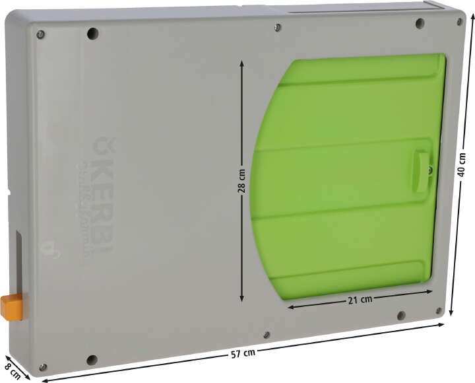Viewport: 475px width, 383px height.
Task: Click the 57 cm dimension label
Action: coord(243,353)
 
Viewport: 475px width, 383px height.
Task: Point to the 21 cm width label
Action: coord(360,299)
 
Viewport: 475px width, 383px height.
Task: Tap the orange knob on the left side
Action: coord(11,307)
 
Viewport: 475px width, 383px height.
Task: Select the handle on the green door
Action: coord(421,171)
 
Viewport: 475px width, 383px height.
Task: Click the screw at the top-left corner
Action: coord(40,34)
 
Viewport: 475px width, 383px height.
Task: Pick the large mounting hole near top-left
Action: coord(92,32)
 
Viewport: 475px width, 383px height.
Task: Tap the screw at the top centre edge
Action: coord(278,27)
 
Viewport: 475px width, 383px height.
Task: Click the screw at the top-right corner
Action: coord(460,22)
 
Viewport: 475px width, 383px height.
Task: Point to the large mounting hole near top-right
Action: coord(420,24)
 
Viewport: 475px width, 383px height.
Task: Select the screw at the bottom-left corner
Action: coord(43,366)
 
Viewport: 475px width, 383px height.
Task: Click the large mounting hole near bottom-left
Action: coord(92,361)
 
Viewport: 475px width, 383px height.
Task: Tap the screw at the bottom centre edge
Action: coord(266,335)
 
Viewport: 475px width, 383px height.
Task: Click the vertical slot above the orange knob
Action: coord(18,261)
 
